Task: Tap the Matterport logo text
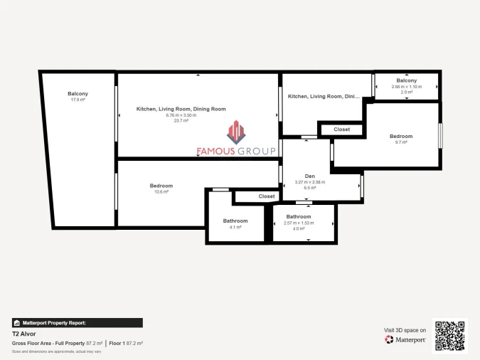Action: [x=410, y=340]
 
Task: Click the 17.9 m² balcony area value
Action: [x=78, y=100]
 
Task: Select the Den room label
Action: [x=309, y=176]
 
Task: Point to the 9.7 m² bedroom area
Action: [x=400, y=142]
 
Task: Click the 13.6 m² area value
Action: [x=161, y=192]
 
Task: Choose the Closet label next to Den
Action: [x=341, y=129]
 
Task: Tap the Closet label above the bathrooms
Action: [x=267, y=196]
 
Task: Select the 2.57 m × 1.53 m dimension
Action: [x=299, y=223]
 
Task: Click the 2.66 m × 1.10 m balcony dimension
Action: [x=407, y=87]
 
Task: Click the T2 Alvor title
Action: [x=23, y=334]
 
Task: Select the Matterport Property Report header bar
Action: [x=78, y=322]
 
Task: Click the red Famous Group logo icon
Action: [x=235, y=132]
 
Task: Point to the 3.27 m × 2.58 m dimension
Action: [x=309, y=182]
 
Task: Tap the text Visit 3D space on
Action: [x=405, y=330]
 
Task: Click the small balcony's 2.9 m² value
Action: [x=407, y=92]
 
